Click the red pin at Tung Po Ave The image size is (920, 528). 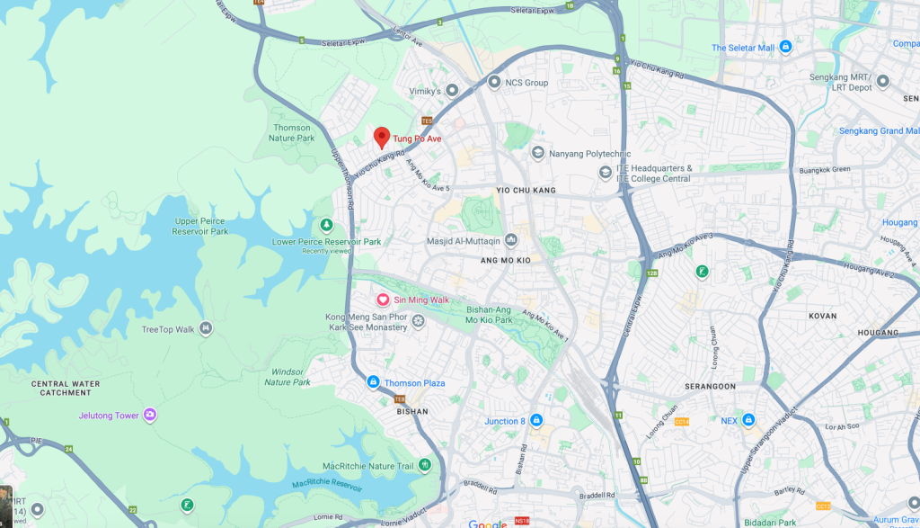point(381,138)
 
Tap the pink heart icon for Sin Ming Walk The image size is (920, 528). point(382,300)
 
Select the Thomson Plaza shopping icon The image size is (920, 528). point(373,383)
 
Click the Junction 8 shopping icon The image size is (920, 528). point(536,420)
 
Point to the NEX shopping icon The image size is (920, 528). point(748,420)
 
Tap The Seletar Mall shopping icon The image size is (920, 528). point(786,47)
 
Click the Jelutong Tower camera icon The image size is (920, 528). point(149,415)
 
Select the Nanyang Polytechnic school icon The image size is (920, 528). point(538,153)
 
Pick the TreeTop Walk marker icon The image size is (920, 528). point(207,328)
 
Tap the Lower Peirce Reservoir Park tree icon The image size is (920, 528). point(326,225)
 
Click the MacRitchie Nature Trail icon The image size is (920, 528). point(425,465)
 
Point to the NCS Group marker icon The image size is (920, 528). point(493,82)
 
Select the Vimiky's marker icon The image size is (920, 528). point(452,91)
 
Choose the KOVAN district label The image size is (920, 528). point(821,316)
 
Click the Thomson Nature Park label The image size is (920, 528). point(292,133)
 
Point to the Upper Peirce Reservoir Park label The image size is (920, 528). point(200,226)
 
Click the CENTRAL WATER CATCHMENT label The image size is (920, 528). point(66,388)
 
